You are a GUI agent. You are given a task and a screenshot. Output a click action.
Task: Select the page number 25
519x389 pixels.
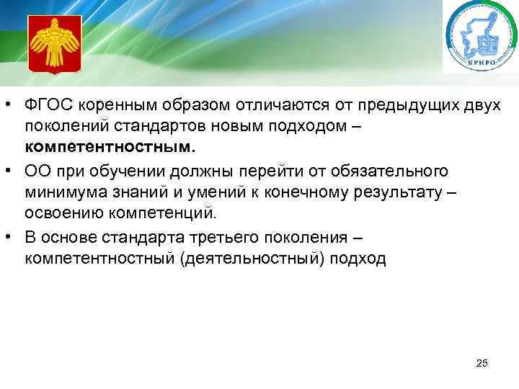(482, 364)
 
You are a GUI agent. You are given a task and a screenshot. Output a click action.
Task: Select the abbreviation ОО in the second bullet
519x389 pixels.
(35, 171)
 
